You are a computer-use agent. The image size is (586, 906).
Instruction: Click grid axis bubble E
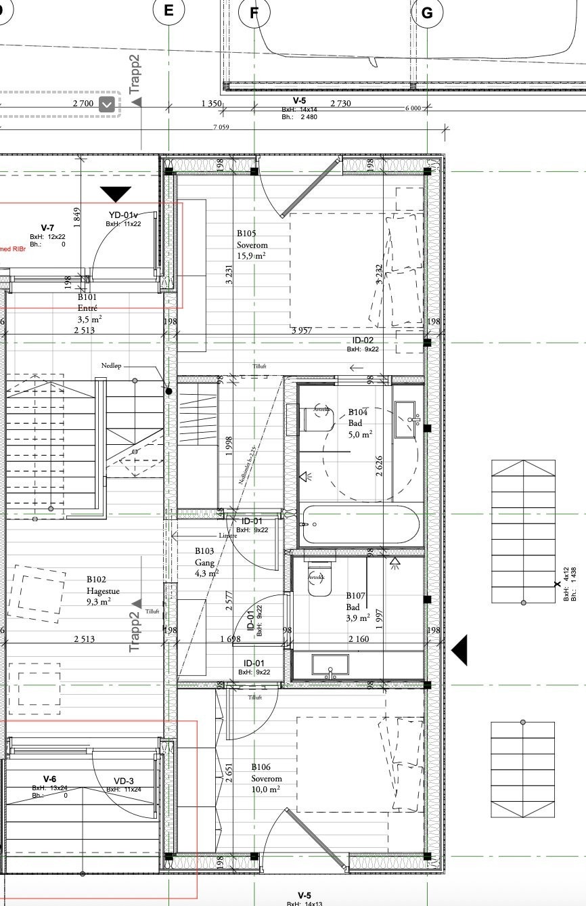[168, 11]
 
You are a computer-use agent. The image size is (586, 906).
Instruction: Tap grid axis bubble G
[428, 12]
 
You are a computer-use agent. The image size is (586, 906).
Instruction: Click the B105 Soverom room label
[252, 244]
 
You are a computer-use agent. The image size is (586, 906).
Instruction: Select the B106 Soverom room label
[267, 778]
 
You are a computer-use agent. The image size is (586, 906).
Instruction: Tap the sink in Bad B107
[330, 665]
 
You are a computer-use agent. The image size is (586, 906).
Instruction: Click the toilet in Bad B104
[319, 419]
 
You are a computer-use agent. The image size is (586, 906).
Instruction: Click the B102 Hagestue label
[102, 590]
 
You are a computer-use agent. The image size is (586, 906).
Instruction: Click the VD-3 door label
[124, 784]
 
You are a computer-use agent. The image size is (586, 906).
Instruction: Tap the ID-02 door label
[363, 344]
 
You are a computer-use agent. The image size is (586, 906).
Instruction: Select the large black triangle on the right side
[459, 650]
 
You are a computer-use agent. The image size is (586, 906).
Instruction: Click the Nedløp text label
[112, 366]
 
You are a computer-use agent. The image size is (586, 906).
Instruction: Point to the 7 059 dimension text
[221, 127]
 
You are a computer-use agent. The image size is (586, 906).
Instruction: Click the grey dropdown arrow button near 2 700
[107, 104]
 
